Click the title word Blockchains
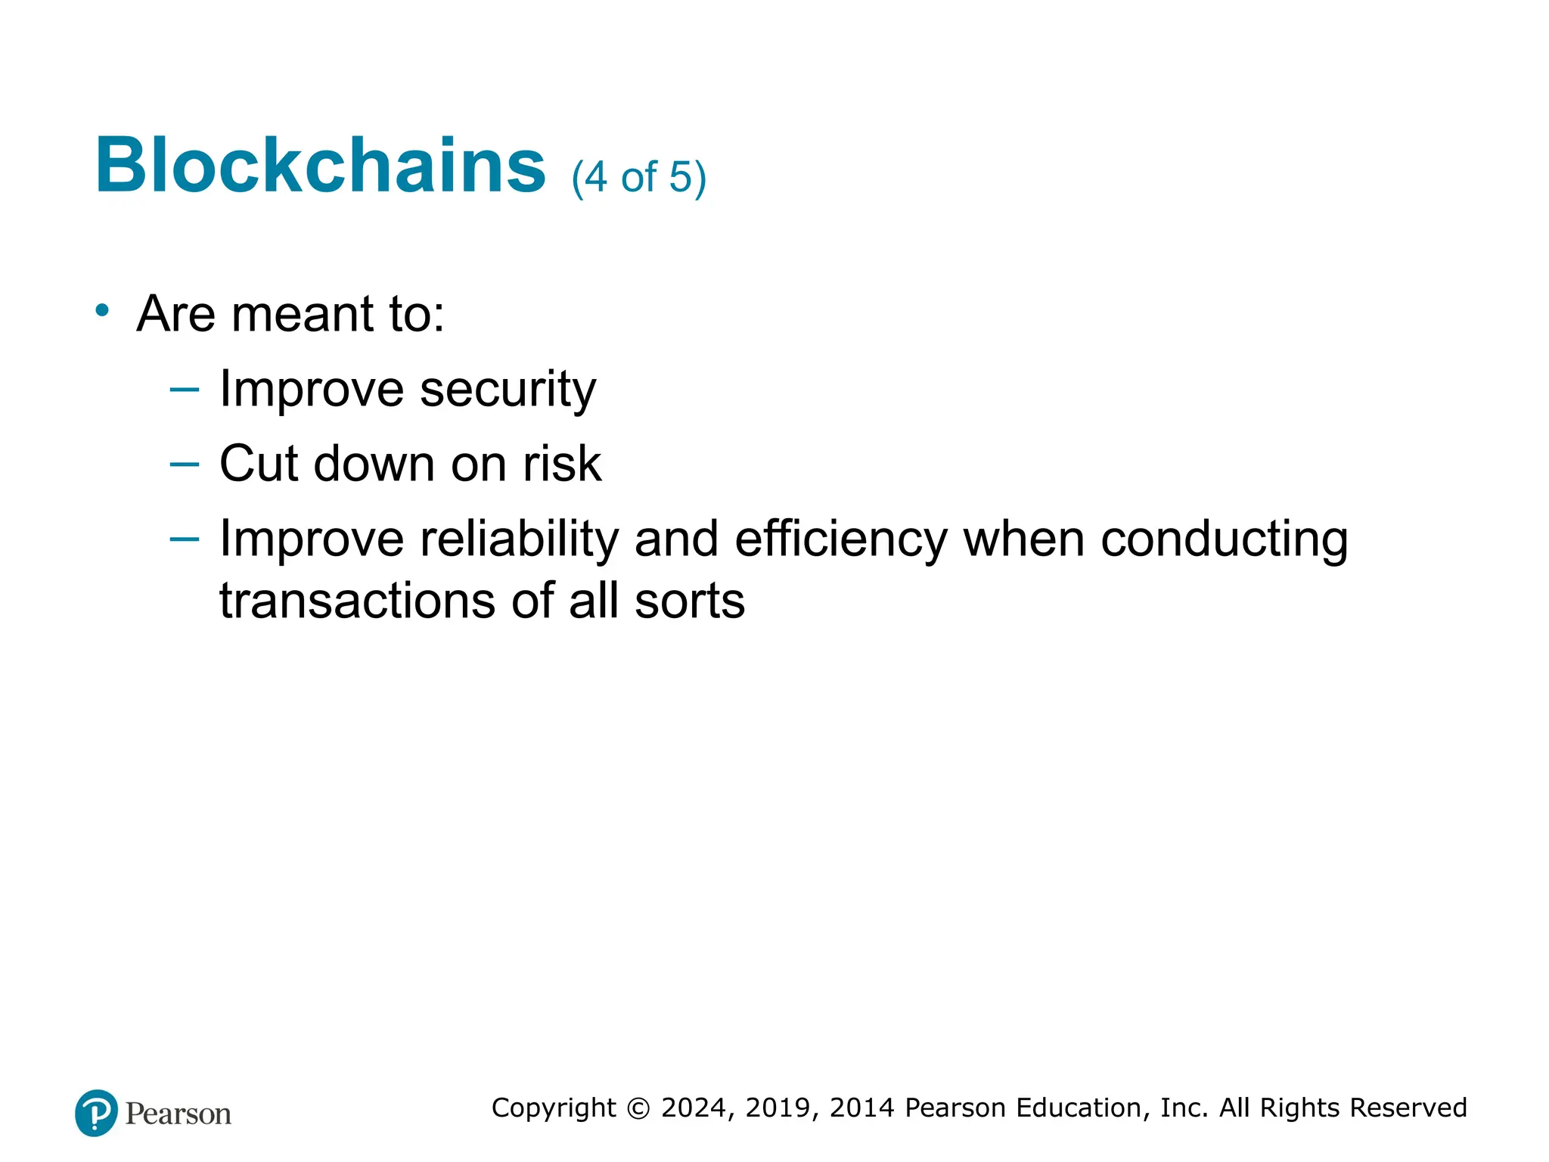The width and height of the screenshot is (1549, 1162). click(319, 166)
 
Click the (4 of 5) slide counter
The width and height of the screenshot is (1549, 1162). click(638, 178)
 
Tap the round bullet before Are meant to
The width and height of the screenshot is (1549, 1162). click(102, 310)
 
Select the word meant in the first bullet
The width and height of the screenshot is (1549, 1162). click(303, 314)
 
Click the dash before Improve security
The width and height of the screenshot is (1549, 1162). click(185, 390)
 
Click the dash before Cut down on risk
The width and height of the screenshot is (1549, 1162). click(185, 464)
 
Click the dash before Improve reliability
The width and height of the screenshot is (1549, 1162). click(185, 539)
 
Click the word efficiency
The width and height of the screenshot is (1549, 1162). click(840, 539)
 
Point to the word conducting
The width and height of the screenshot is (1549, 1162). click(1224, 539)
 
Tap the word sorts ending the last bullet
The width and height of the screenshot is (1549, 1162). click(689, 601)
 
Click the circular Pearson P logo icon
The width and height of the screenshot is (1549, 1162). click(96, 1113)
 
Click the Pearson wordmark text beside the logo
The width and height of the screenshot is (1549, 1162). click(178, 1114)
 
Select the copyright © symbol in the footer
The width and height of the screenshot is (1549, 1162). click(638, 1108)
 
